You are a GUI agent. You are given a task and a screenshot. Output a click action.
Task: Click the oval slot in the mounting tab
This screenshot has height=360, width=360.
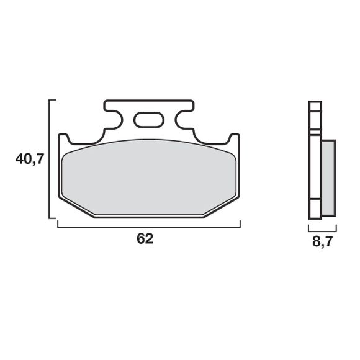point(148,118)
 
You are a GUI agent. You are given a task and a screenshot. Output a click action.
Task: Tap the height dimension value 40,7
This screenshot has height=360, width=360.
point(29,160)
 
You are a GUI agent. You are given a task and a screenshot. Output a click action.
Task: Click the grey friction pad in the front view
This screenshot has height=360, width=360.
point(148,176)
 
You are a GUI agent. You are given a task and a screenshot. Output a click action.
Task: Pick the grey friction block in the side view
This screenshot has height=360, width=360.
point(328,178)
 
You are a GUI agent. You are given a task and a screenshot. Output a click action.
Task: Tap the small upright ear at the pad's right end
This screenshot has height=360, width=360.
point(235,139)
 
